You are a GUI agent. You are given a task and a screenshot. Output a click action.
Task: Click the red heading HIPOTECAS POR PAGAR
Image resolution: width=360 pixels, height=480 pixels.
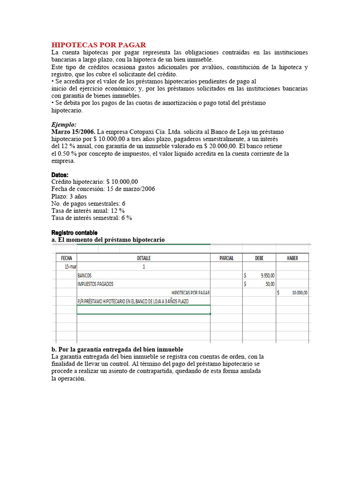98,45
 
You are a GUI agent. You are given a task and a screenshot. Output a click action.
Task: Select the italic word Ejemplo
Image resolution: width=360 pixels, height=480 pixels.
63,125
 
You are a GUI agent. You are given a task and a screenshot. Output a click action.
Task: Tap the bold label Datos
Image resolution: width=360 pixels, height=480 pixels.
60,175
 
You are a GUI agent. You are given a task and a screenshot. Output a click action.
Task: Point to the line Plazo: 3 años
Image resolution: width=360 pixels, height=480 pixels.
69,196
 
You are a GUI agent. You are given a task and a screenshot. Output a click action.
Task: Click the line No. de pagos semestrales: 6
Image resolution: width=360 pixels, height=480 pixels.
88,203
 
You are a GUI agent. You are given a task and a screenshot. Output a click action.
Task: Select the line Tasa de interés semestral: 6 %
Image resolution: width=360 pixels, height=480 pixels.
91,217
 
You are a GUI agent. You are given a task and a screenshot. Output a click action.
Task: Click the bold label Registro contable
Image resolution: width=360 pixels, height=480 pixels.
74,232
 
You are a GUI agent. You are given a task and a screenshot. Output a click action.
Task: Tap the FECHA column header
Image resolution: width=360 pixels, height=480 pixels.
67,258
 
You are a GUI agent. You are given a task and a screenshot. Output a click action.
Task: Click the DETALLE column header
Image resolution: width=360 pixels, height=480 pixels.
143,258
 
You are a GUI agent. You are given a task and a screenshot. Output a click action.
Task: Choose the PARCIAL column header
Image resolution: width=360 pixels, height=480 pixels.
226,258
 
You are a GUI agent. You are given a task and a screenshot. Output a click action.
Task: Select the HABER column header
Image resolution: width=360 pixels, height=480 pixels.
292,258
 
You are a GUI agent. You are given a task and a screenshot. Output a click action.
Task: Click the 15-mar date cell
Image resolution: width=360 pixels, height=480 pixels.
70,267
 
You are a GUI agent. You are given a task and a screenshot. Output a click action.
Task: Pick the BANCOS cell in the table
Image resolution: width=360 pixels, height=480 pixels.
85,276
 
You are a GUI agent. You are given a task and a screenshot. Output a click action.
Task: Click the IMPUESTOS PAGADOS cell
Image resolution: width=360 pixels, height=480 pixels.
96,284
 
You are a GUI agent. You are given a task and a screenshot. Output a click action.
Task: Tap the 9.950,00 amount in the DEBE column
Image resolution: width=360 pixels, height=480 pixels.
268,276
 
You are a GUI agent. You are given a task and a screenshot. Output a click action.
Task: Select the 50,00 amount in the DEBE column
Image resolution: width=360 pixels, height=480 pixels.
270,284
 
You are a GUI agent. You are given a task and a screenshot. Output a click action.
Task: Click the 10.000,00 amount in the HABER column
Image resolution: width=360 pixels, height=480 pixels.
300,292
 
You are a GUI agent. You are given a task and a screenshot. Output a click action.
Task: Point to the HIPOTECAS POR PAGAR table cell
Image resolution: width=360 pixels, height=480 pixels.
190,292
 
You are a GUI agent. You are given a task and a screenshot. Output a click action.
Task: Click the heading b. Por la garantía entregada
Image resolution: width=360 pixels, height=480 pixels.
117,349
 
